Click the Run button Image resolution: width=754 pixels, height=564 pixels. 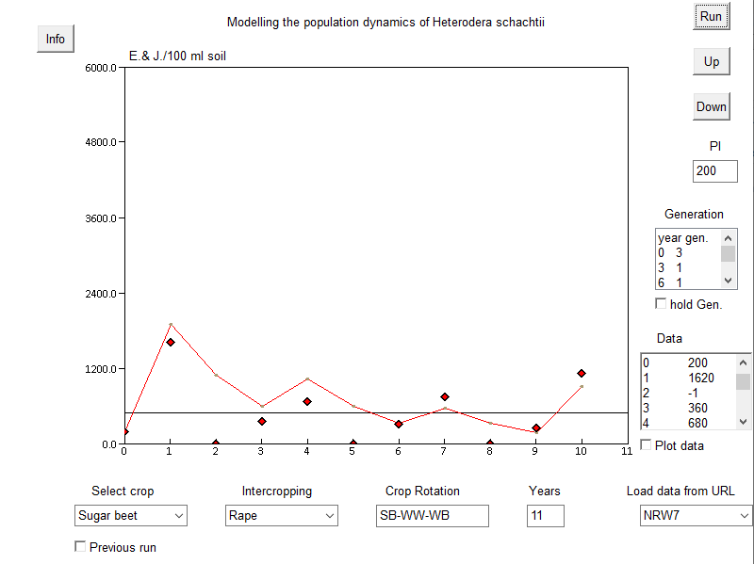[711, 17]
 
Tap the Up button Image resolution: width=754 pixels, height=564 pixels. [711, 62]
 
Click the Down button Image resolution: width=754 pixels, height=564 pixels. [711, 106]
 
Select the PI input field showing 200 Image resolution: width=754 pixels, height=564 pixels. [715, 171]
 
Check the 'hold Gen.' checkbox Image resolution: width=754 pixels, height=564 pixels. [661, 303]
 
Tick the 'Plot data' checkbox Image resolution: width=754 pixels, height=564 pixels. [646, 444]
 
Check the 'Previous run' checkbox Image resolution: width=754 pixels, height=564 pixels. [80, 547]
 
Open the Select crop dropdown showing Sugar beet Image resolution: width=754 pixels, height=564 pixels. [131, 516]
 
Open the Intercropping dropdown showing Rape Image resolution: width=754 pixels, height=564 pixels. [282, 516]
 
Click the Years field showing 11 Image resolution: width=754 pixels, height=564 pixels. [545, 516]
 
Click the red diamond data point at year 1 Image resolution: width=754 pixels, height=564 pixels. [171, 342]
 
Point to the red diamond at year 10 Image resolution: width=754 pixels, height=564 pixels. [582, 374]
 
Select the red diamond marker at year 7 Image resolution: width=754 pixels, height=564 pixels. [444, 397]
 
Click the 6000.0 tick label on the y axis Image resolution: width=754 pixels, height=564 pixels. [100, 68]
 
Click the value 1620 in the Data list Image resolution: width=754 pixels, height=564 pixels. [700, 378]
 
